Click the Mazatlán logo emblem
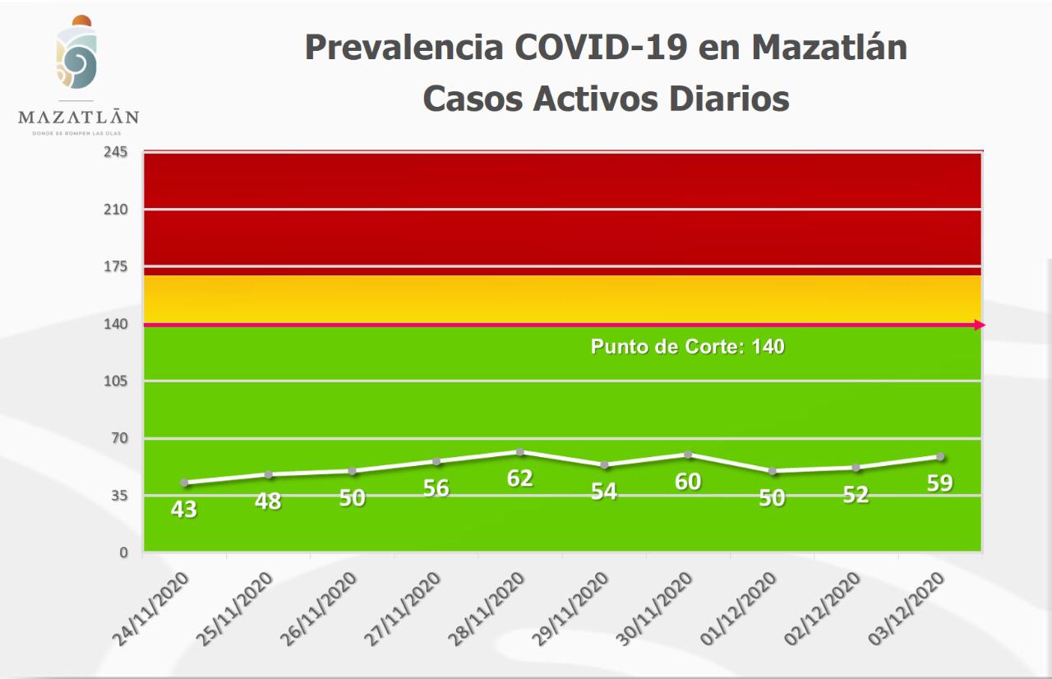[76, 54]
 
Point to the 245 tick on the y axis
[116, 153]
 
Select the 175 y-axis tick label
[116, 267]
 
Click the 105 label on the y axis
[116, 381]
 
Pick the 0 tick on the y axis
[123, 552]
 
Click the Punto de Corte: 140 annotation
[687, 347]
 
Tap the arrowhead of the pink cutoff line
[980, 326]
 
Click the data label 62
[520, 478]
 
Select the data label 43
[183, 510]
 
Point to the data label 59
[939, 483]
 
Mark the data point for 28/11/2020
[520, 452]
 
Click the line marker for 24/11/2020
[184, 483]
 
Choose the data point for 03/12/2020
[940, 457]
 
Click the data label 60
[688, 481]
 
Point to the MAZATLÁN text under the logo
[78, 117]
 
